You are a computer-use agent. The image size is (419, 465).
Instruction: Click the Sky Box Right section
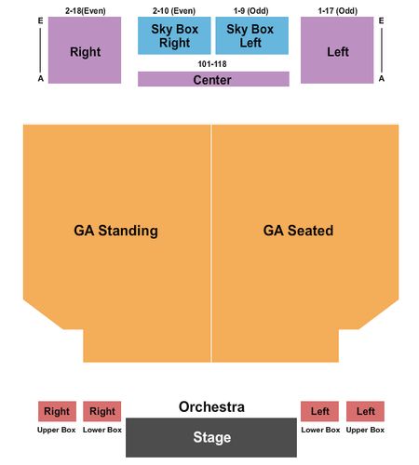[174, 35]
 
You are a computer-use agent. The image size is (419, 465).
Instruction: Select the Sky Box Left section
[252, 35]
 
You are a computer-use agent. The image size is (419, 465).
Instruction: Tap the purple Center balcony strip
[213, 79]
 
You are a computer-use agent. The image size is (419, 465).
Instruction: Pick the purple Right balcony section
[85, 50]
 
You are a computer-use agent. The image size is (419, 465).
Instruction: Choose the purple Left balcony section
[337, 50]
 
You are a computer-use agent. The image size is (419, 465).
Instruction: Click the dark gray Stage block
[211, 437]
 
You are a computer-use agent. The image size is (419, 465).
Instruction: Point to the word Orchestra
[211, 406]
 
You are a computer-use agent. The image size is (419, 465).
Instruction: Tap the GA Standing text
[115, 231]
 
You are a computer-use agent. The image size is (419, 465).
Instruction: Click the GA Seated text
[298, 231]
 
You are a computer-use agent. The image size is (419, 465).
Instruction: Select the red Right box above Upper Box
[57, 411]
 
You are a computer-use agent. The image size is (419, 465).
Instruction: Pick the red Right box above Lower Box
[102, 411]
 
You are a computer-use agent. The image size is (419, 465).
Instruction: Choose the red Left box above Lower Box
[319, 411]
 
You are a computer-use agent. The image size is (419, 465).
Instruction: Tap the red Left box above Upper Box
[365, 411]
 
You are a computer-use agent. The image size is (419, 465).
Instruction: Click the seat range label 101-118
[212, 64]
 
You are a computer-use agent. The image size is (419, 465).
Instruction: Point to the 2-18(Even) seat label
[86, 11]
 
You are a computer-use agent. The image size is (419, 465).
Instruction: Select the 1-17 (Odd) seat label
[338, 11]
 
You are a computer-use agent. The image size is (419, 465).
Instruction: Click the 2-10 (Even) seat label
[174, 11]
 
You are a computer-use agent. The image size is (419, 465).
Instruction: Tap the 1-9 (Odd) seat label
[251, 11]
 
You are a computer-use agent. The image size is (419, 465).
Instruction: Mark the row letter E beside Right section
[41, 20]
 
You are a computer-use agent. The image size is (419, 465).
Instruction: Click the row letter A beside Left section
[382, 79]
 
